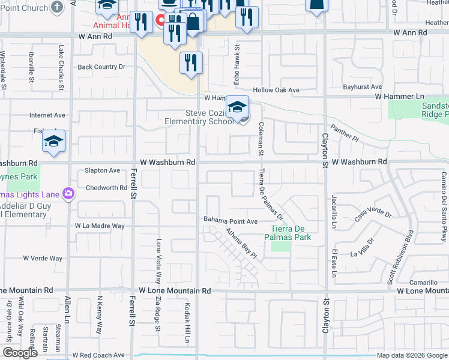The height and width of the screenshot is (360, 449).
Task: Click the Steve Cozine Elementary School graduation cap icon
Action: click(237, 107)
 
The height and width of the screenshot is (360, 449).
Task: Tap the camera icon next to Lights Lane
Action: click(69, 194)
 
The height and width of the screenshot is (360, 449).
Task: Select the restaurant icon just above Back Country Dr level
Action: click(191, 62)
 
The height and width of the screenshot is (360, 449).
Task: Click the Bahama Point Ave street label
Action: click(230, 221)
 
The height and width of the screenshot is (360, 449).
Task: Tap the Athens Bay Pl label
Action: click(241, 243)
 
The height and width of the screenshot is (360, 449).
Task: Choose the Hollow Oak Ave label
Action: click(276, 90)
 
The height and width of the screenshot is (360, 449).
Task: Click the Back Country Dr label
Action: click(101, 67)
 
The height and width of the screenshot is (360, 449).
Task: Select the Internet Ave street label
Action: click(47, 115)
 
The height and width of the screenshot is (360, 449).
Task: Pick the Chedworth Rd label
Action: click(102, 188)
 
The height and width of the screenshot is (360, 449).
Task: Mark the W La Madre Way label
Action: click(100, 226)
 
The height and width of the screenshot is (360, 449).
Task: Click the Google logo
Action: click(19, 353)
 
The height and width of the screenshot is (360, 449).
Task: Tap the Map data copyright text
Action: click(412, 355)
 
